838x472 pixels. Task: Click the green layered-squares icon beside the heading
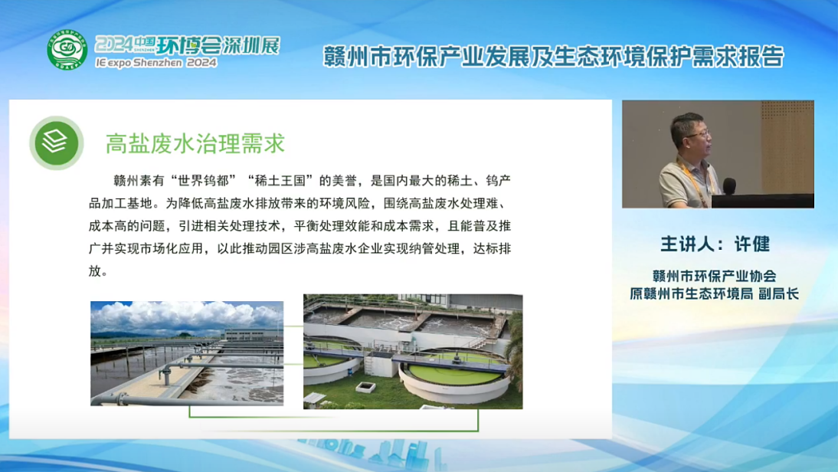56,143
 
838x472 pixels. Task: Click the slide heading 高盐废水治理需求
195,143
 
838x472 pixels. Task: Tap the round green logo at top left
67,49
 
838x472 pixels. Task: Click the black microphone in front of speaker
728,185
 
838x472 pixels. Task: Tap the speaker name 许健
751,244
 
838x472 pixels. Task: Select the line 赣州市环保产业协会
714,276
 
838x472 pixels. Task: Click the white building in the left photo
250,335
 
